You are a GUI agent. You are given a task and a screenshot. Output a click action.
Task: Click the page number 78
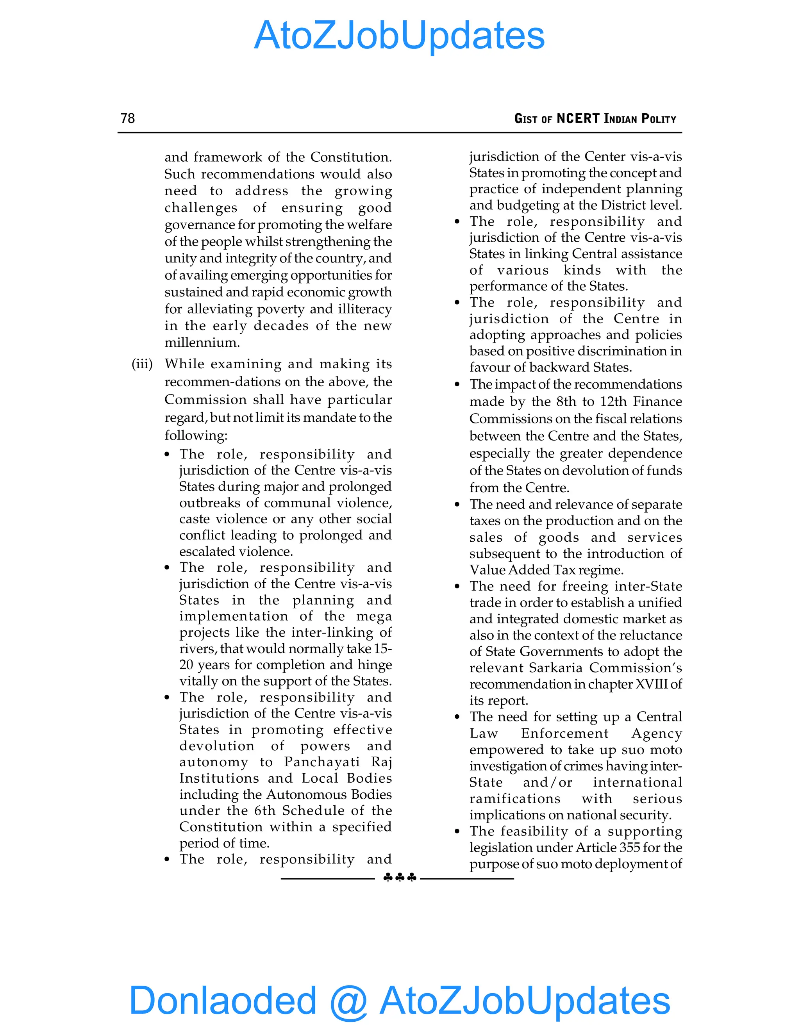coord(127,118)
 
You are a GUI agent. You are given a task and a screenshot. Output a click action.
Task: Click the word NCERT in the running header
coord(578,118)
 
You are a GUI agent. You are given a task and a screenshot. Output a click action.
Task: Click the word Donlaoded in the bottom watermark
coord(223,999)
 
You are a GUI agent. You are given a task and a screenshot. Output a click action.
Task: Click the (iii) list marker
coord(142,364)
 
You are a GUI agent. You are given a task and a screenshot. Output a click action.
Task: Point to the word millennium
coord(202,342)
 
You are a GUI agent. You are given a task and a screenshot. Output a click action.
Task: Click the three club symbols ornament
coord(400,878)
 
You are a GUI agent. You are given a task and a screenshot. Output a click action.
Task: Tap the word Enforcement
coord(564,733)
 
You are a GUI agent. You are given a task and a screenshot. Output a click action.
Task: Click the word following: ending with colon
coord(196,435)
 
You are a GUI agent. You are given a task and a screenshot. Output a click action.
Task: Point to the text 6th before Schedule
coord(264,810)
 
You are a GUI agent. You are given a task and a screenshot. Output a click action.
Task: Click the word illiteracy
coord(365,309)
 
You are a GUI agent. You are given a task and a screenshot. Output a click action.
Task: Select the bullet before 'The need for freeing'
coord(457,587)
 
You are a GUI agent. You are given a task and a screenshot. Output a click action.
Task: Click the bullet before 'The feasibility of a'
coord(457,831)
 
